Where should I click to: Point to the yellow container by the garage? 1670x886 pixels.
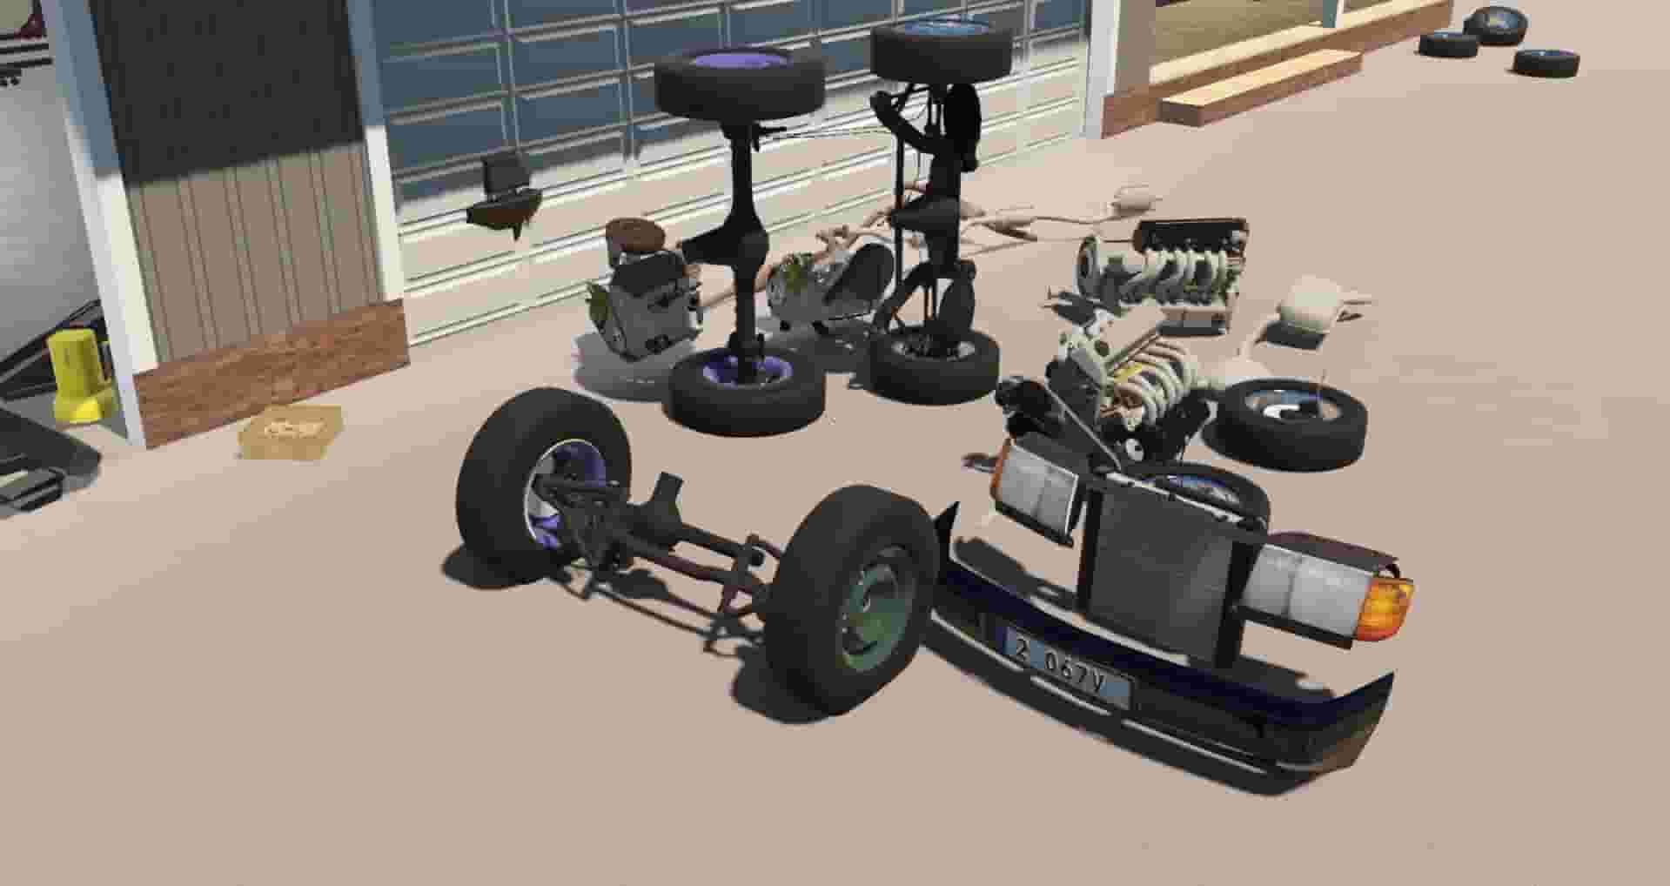78,375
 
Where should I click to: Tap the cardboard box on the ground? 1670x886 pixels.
291,431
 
